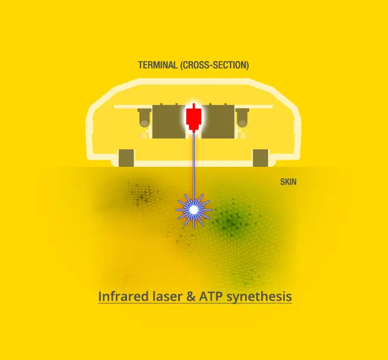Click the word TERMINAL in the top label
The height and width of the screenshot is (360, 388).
coord(158,65)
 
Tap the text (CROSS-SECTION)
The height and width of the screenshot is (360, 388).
coord(215,65)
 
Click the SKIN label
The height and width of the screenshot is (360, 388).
coord(288,182)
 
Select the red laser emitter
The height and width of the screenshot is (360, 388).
coord(194,117)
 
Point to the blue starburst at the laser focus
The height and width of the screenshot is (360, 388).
coord(194,210)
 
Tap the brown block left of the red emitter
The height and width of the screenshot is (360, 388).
coord(169,122)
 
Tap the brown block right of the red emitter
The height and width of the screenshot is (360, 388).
coord(218,122)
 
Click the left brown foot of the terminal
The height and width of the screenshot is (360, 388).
coord(126,158)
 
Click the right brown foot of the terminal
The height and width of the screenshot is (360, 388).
coord(260,158)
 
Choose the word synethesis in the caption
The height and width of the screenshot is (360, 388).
coord(259,297)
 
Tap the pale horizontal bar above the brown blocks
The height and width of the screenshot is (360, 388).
coord(193,107)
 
